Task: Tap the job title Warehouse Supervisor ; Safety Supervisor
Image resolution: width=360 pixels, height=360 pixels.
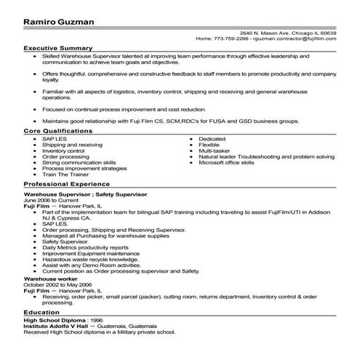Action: tap(81, 196)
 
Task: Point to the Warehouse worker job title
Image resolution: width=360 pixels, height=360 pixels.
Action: tap(50, 258)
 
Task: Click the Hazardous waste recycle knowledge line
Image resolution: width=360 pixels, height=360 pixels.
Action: tap(95, 238)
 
